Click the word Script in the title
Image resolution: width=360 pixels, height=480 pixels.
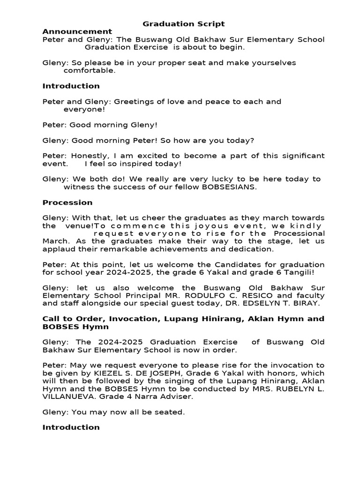click(210, 23)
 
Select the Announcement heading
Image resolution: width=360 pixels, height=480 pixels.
click(77, 31)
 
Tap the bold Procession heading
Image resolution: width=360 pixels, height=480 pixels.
click(67, 202)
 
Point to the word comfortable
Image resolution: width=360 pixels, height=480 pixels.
click(89, 71)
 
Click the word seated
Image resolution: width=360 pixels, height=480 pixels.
click(169, 412)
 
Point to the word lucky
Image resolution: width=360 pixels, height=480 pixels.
click(223, 179)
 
